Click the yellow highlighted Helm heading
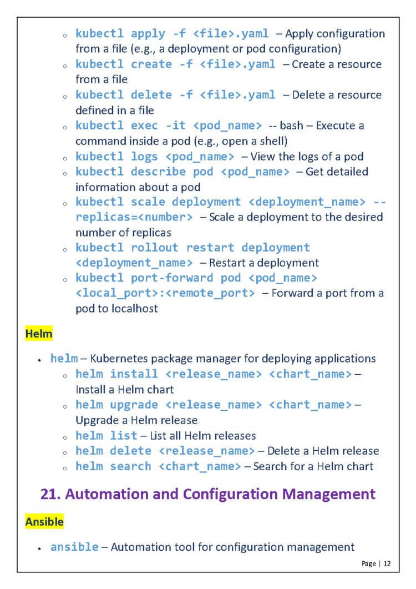(x=39, y=334)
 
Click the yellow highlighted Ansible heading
(x=44, y=522)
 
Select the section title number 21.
(x=49, y=494)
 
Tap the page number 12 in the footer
(x=387, y=563)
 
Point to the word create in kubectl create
(x=151, y=64)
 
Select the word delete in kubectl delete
(x=151, y=95)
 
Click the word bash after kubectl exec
(x=291, y=125)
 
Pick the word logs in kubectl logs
(x=144, y=157)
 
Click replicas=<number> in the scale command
(x=134, y=217)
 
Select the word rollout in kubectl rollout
(x=155, y=248)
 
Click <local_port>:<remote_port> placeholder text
(x=165, y=293)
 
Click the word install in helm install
(x=134, y=374)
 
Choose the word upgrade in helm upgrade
(x=134, y=405)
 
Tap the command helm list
(x=106, y=436)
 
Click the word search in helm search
(x=130, y=466)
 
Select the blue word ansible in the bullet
(x=75, y=547)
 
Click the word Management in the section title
(x=322, y=494)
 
